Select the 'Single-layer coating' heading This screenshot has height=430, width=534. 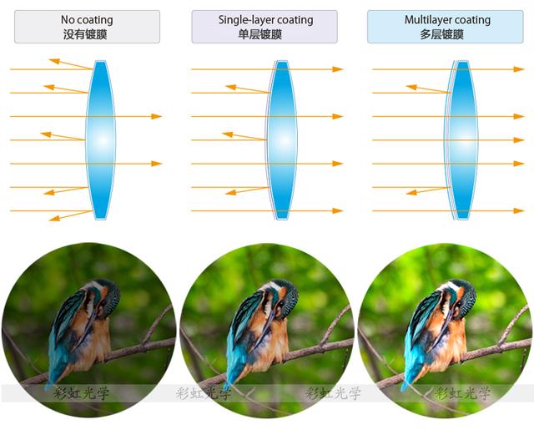coord(264,19)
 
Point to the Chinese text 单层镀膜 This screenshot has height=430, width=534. coord(264,34)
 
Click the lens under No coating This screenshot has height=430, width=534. coord(101,139)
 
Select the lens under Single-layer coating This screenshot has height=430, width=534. coord(282,139)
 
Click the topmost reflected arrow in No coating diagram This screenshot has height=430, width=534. coord(71,63)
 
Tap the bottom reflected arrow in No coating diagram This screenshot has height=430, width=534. coord(71,215)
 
